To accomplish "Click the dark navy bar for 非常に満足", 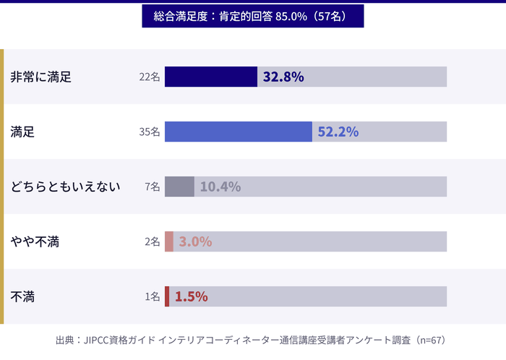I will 210,77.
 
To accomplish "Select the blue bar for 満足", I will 238,132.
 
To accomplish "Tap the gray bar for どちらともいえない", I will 179,187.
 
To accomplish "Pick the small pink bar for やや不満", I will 169,241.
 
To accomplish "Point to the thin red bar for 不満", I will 167,296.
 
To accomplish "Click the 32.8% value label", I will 283,77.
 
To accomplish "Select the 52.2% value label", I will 338,132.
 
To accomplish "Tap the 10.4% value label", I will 220,187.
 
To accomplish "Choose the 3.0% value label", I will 195,241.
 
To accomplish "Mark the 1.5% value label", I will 192,296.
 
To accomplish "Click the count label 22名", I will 150,77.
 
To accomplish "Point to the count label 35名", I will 150,132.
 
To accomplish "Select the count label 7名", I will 152,187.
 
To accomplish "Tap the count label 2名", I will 152,241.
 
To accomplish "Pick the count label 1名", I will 152,296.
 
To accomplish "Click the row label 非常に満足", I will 41,77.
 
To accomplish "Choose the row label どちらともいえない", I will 65,187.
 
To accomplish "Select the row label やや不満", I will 35,241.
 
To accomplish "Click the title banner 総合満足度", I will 252,16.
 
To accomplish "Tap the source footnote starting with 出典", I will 252,340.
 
